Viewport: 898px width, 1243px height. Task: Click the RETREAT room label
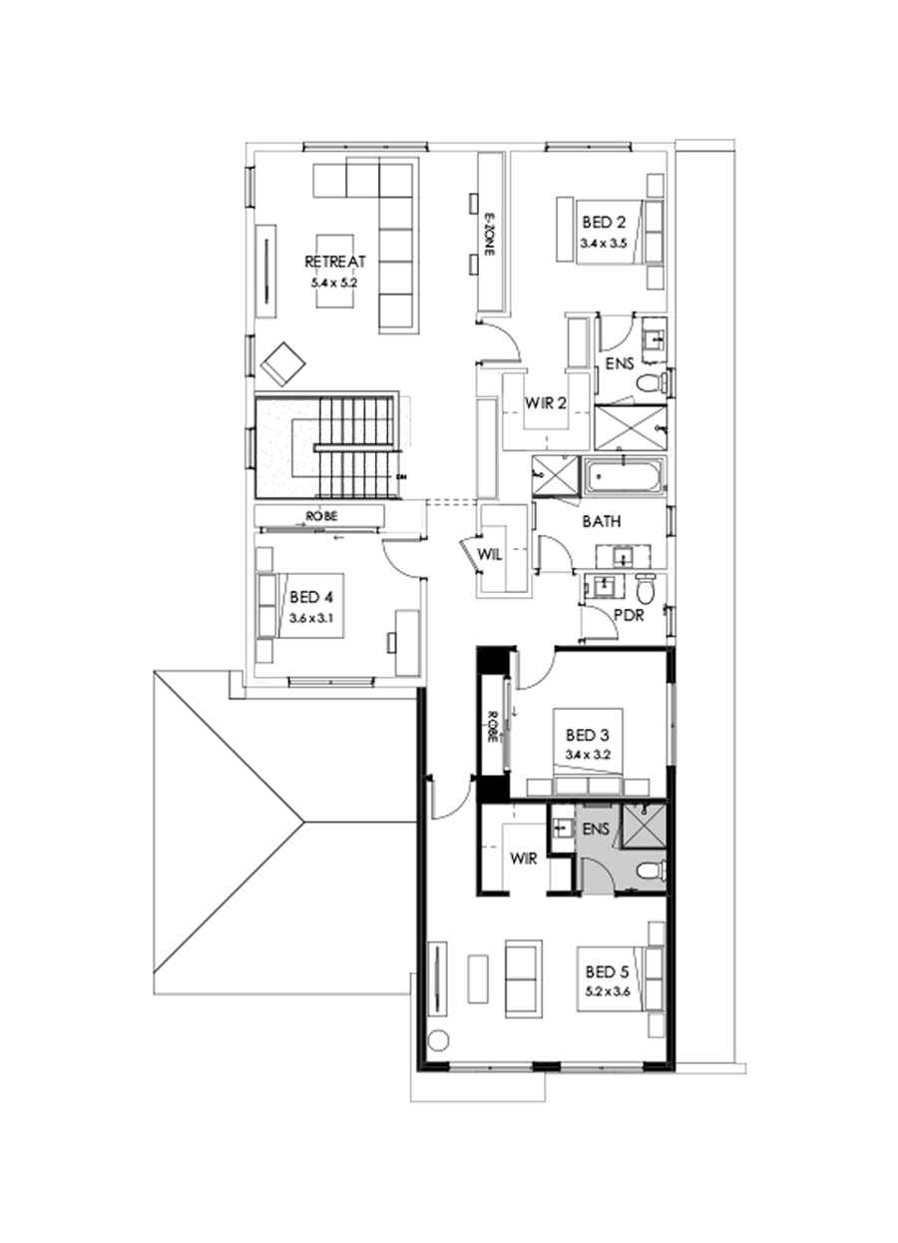coord(335,262)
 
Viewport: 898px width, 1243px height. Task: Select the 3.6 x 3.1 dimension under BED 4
coord(309,618)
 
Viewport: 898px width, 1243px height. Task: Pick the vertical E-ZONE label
coord(489,236)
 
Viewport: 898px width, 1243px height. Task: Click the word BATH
coord(602,520)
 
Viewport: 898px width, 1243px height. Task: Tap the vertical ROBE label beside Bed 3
coord(493,726)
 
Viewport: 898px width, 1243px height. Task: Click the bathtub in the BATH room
coord(624,477)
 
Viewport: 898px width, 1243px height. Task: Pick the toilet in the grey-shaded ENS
coord(650,871)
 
